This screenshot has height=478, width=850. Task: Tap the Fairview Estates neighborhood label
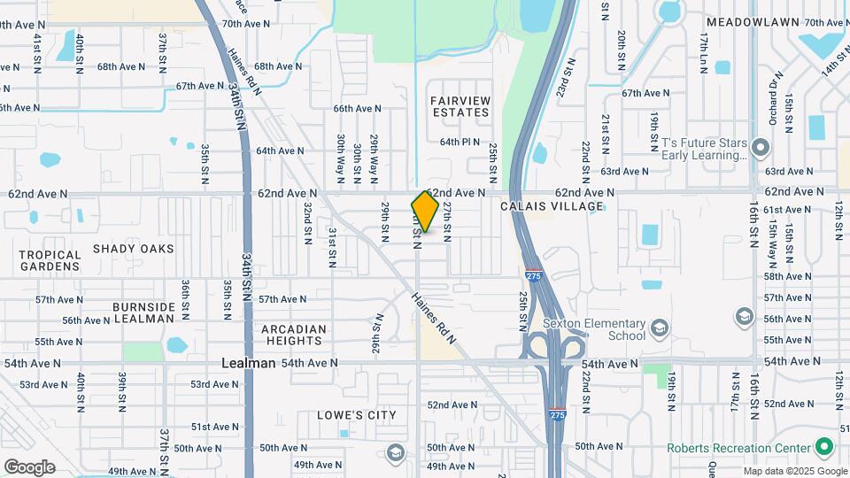460,106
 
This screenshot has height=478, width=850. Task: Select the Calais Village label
552,206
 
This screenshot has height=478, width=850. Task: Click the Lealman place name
248,363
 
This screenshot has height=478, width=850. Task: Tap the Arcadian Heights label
293,335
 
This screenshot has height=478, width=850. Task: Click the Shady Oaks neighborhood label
134,249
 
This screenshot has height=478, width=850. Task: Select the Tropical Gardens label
50,260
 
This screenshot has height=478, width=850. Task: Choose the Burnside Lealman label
143,312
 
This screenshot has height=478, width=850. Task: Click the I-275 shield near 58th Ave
533,275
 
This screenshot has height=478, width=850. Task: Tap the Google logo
29,467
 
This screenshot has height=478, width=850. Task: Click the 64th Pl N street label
460,142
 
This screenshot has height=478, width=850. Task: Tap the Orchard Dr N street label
776,98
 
